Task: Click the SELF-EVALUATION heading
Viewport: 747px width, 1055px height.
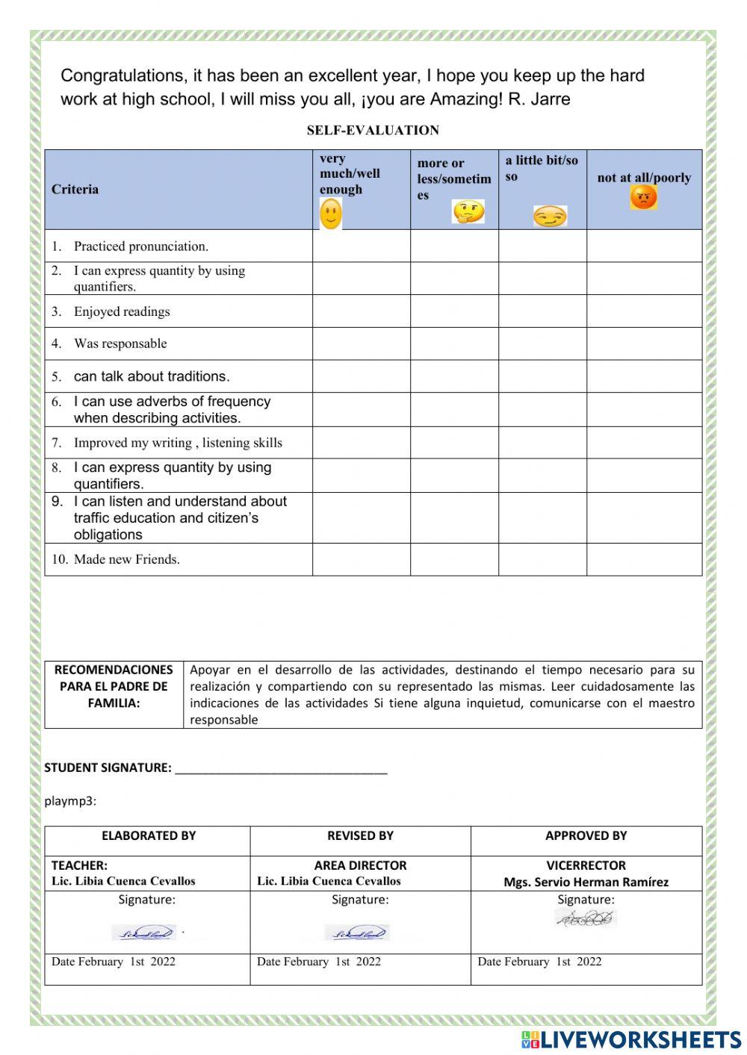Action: click(373, 131)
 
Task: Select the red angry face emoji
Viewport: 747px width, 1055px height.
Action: click(643, 198)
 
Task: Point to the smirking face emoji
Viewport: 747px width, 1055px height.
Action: click(550, 217)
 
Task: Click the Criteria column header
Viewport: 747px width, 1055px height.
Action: click(75, 190)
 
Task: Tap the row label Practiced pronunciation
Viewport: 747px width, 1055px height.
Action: click(140, 246)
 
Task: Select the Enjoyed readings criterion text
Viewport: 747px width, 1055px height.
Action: click(121, 312)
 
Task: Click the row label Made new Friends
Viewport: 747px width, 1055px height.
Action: click(126, 560)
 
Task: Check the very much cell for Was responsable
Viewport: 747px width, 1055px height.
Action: click(361, 344)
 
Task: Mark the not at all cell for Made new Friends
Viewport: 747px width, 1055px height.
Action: click(644, 560)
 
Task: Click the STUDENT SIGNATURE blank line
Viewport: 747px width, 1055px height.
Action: click(281, 769)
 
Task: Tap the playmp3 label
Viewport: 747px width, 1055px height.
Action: click(70, 801)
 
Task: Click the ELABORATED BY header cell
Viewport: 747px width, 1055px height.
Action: click(148, 836)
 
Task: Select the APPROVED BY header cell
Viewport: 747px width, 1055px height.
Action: click(586, 836)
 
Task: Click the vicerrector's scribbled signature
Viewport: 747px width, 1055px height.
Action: click(586, 919)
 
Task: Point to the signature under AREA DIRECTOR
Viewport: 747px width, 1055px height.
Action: click(357, 933)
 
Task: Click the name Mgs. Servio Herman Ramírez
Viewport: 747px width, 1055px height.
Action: click(586, 882)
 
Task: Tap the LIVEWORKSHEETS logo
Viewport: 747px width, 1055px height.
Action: click(631, 1039)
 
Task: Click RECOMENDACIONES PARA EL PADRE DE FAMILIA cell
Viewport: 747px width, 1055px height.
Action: click(114, 686)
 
